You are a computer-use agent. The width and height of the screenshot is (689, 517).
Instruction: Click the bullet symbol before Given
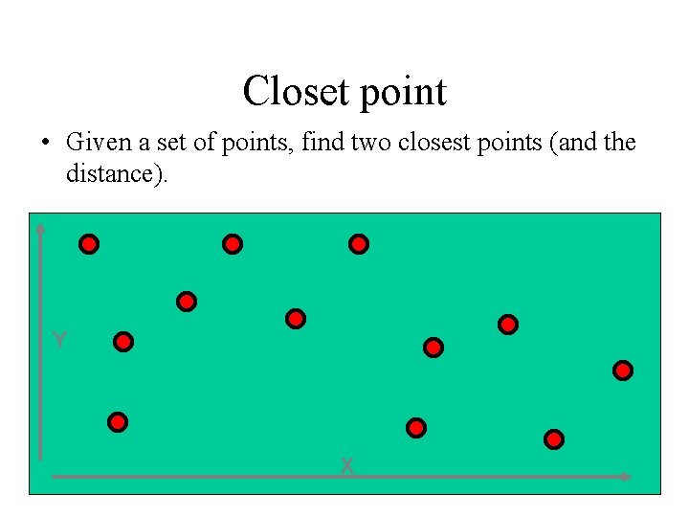point(45,144)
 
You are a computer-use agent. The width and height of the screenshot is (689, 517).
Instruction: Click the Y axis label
point(59,341)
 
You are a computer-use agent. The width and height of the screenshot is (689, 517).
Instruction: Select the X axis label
point(347,466)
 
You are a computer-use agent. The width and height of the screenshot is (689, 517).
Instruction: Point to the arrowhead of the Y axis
point(41,226)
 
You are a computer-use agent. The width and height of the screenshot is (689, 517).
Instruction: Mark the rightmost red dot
point(623,370)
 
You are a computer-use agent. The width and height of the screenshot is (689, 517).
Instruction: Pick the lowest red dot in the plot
point(554,439)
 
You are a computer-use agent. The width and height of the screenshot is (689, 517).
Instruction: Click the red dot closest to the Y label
point(123,341)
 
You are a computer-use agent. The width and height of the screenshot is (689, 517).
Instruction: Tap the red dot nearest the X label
point(415,427)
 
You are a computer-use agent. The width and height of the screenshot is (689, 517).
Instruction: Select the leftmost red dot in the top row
point(89,244)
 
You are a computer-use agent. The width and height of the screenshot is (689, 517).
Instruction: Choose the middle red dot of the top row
point(233,244)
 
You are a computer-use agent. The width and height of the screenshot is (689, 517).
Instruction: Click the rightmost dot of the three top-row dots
point(359,244)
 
